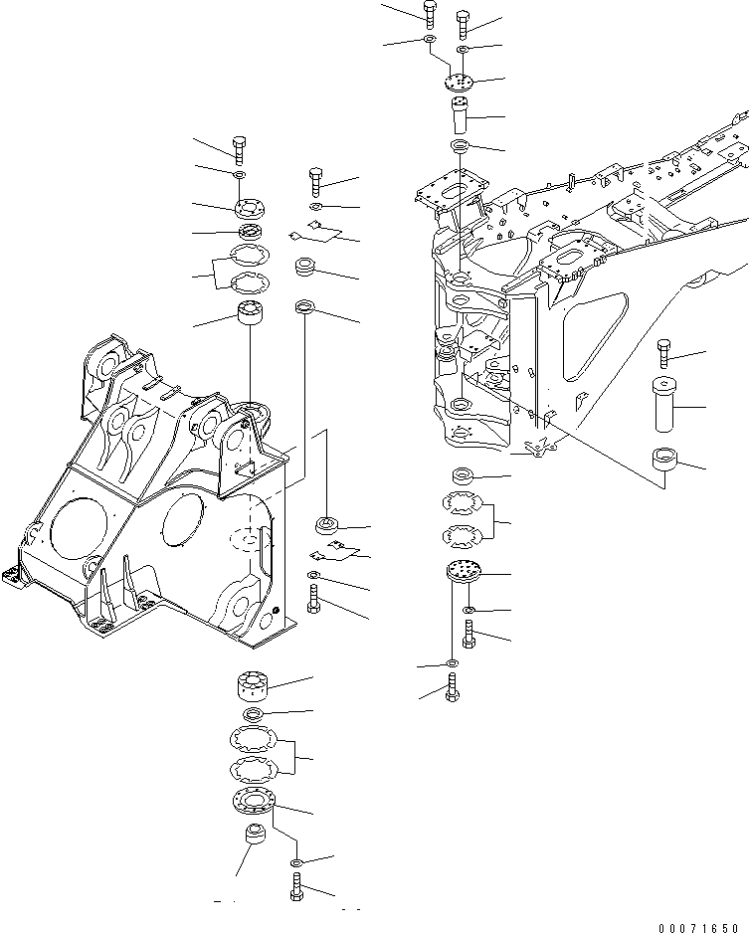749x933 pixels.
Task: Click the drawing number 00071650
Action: pos(702,928)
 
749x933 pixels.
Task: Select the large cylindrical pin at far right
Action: pos(663,404)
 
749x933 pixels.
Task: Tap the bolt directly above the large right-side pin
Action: pos(664,353)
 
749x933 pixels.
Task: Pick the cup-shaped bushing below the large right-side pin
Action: pos(664,461)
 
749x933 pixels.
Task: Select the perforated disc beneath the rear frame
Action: pos(463,571)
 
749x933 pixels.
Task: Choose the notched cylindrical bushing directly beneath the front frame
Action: pos(252,687)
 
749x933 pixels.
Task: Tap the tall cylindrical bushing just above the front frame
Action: pos(251,313)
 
